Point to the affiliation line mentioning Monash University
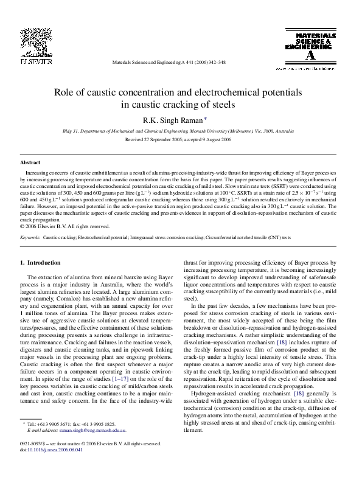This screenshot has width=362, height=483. (x=181, y=131)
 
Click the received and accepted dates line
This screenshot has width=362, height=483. (x=181, y=139)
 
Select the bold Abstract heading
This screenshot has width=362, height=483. (x=30, y=163)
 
